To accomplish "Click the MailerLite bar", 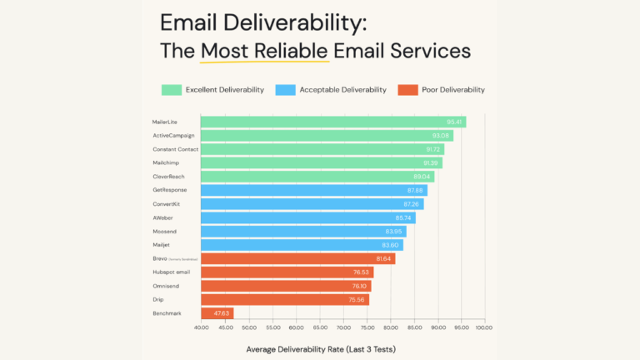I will [333, 122].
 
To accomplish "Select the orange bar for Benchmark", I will [217, 313].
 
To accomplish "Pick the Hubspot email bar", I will [287, 272].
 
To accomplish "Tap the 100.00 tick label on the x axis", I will [483, 327].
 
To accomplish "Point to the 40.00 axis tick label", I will [202, 327].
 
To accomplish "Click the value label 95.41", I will [455, 122].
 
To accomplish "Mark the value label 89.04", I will [423, 177].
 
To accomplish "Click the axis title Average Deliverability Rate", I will [319, 348].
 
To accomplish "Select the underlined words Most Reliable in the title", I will [264, 51].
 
